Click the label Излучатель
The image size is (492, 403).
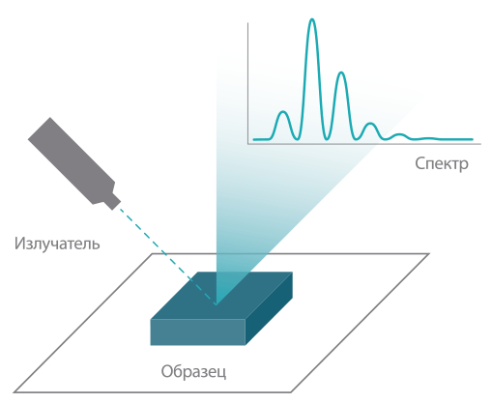(57, 244)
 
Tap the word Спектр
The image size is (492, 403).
(442, 163)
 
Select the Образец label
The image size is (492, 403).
(193, 372)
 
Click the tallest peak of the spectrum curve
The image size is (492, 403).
(311, 20)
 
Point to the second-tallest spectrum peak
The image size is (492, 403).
(341, 72)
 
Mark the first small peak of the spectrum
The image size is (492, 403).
(283, 112)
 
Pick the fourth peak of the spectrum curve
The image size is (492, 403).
(370, 124)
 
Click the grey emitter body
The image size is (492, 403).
(70, 159)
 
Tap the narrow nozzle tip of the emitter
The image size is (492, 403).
(113, 202)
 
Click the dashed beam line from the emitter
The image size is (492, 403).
(167, 256)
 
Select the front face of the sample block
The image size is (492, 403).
(198, 332)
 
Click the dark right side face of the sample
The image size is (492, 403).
(269, 308)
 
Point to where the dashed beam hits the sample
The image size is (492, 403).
(216, 304)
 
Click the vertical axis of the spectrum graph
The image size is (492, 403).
(247, 83)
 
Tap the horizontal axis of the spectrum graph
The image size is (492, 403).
(364, 144)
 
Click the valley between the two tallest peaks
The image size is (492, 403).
(327, 139)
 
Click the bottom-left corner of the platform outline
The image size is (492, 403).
(14, 392)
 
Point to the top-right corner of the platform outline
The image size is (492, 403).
(429, 254)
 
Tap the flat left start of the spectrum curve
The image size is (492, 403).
(262, 139)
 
